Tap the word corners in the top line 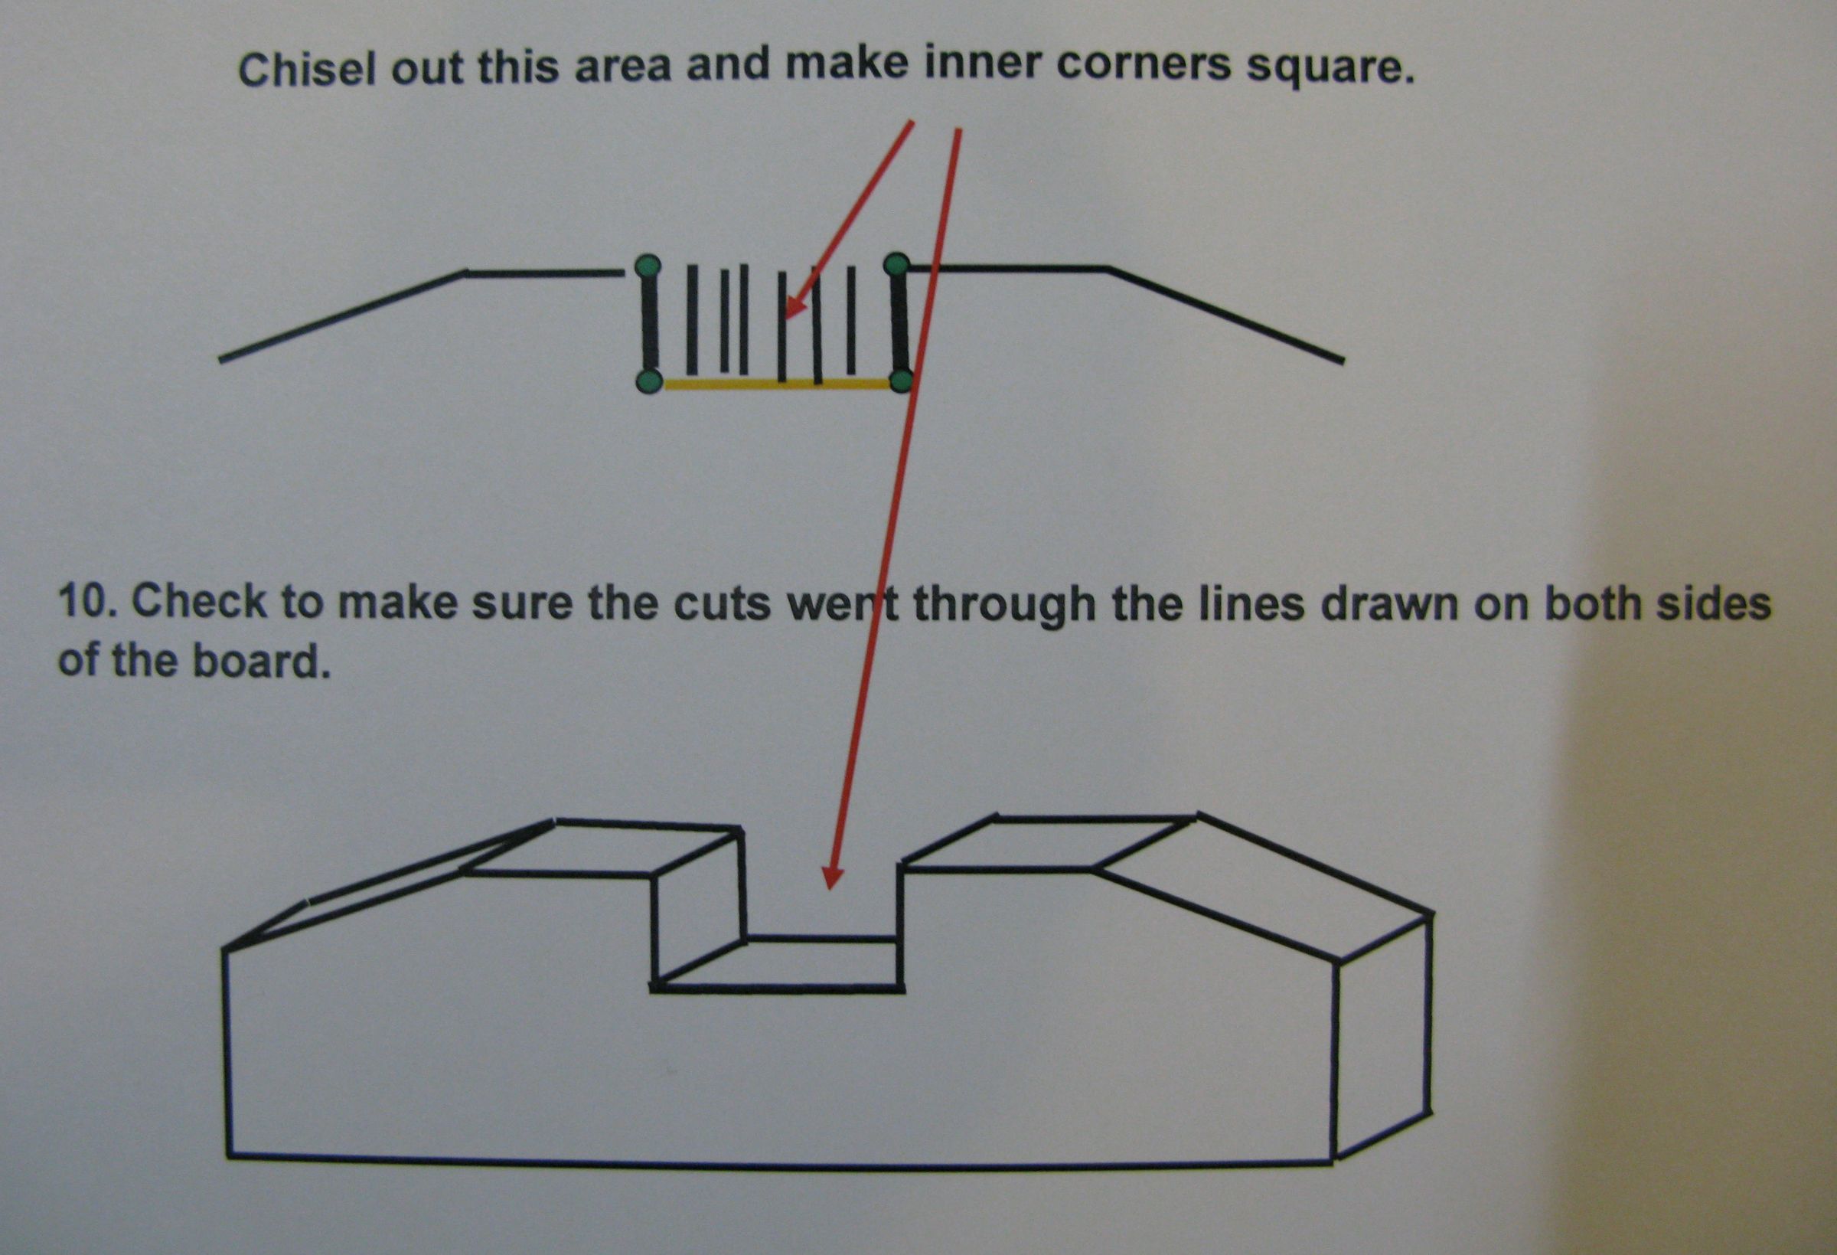click(1143, 66)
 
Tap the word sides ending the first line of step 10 click(1720, 604)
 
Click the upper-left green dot click(648, 266)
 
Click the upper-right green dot click(896, 264)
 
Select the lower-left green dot click(649, 381)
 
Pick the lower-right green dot click(901, 381)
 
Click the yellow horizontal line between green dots click(775, 384)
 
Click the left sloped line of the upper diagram click(340, 317)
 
